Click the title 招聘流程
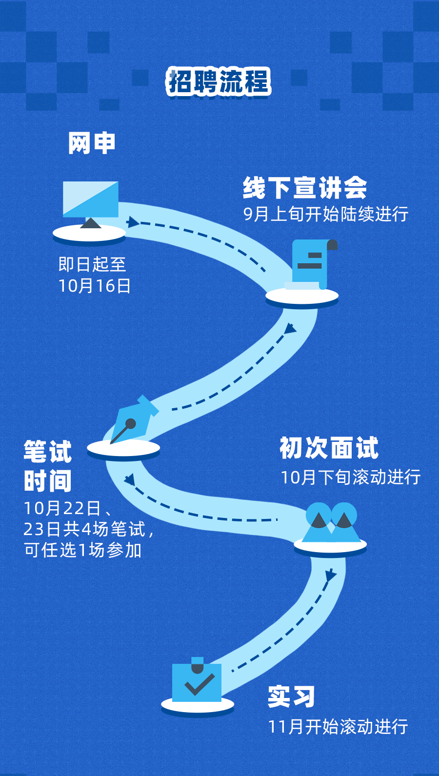pos(219,81)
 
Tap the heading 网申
pos(92,143)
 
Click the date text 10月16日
pos(95,286)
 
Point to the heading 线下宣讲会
pos(305,188)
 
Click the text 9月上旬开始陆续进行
pos(326,214)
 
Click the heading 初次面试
pos(329,448)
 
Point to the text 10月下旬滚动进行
pos(350,477)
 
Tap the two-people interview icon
pos(331,523)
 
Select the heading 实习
pos(291,696)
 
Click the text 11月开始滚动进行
pos(338,727)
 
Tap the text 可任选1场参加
pos(83,550)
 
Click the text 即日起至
pos(92,264)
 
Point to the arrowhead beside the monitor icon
pos(133,222)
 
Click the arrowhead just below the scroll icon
pos(290,329)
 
